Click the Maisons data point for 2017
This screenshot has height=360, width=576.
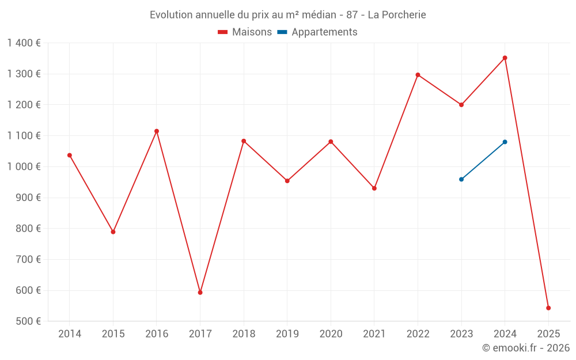(200, 293)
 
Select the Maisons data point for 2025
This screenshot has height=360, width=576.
(548, 308)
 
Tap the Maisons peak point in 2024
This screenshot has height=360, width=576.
(505, 58)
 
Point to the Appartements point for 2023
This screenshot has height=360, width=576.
(461, 179)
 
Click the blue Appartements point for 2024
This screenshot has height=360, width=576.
(505, 142)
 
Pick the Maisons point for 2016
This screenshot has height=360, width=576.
(157, 131)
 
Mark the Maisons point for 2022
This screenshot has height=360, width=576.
(418, 75)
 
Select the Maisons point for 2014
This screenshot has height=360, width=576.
(70, 155)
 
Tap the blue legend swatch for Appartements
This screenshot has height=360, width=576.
(282, 32)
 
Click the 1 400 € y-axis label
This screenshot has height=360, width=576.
(24, 43)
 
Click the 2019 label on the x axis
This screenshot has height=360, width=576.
(287, 334)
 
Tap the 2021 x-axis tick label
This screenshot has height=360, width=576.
(374, 334)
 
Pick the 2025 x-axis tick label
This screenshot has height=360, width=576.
(548, 334)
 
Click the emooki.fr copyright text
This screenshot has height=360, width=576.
(525, 348)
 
